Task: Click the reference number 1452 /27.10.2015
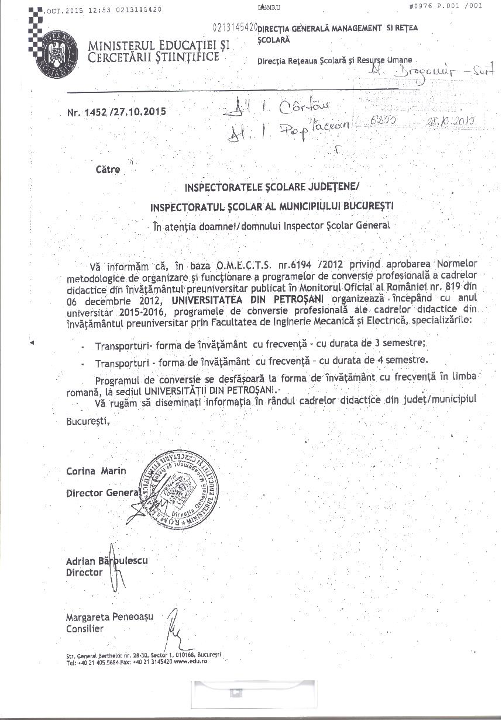click(116, 112)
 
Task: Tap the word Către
click(108, 169)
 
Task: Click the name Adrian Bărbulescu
click(107, 561)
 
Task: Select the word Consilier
click(85, 629)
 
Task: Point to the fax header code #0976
click(425, 6)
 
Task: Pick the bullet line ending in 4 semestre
click(261, 361)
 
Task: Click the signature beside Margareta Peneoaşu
click(174, 626)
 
